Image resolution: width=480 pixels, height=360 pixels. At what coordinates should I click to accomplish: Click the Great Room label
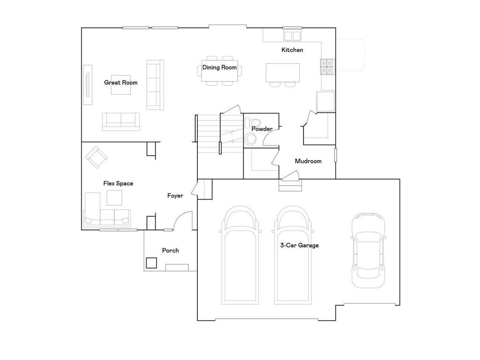120,82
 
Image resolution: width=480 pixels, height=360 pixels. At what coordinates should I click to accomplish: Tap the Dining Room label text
219,67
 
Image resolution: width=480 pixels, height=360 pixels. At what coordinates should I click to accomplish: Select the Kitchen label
292,50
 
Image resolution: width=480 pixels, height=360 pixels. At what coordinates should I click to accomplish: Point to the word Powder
262,129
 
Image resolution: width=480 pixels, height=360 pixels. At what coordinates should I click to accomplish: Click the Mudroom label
308,161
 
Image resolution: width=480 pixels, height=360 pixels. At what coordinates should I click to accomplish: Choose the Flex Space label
118,183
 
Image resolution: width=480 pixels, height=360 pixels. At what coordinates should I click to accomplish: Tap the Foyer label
175,196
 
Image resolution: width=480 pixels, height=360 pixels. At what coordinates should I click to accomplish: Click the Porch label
170,250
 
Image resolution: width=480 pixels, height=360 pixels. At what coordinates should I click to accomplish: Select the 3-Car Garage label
300,245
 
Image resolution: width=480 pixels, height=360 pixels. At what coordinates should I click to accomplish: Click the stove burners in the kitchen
327,67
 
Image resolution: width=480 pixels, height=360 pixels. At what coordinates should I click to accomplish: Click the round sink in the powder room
252,139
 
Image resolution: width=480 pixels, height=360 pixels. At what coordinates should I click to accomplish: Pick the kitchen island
283,73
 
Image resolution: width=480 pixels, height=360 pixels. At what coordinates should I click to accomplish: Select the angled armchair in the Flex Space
96,157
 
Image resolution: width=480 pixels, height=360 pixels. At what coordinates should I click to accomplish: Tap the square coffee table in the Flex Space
114,197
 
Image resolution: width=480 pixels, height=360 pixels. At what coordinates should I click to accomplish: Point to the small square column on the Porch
151,263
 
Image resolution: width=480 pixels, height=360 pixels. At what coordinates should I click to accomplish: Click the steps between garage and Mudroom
290,186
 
